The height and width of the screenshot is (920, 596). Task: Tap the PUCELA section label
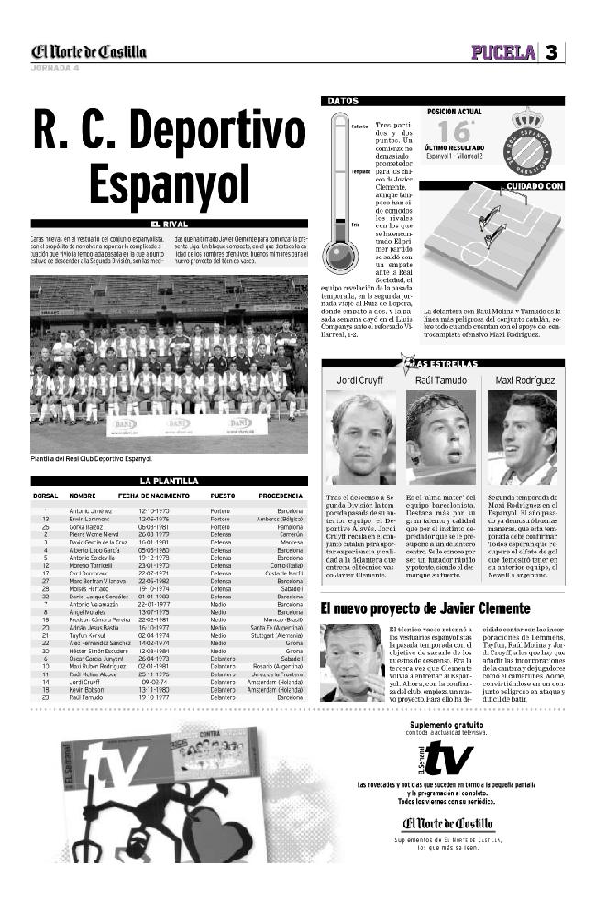point(503,52)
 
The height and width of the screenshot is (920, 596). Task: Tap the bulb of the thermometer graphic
point(339,257)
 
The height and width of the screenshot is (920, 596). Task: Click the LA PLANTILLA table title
point(169,480)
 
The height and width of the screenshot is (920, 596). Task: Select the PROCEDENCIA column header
point(281,495)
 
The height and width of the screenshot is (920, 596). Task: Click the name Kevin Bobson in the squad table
point(85,689)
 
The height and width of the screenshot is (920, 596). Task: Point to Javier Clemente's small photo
point(351,662)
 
